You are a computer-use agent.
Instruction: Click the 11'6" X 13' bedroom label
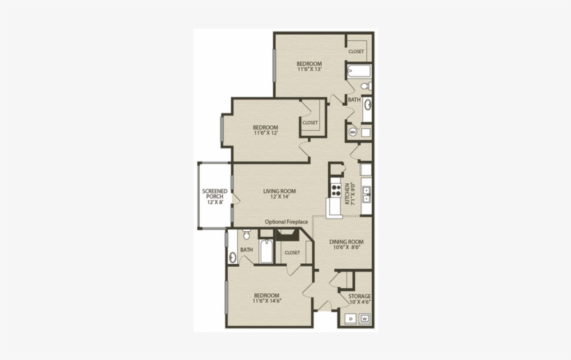pos(309,66)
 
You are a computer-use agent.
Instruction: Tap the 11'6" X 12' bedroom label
pos(265,130)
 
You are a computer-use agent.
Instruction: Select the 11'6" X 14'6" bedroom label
pos(266,298)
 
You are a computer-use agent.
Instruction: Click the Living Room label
pos(279,194)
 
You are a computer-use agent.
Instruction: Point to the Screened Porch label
pos(214,196)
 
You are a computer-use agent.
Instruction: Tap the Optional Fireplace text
pos(286,221)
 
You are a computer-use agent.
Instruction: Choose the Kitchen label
pos(354,193)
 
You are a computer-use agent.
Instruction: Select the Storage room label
pos(359,299)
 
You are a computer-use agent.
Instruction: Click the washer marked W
pos(364,319)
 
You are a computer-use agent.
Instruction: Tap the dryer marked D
pos(350,319)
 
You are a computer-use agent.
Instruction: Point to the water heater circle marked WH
pos(353,132)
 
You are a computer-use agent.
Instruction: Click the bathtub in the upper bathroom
pos(359,71)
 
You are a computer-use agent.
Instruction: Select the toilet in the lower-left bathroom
pos(247,234)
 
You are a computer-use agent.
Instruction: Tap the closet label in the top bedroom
pos(356,52)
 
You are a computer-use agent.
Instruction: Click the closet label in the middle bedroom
pos(310,123)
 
